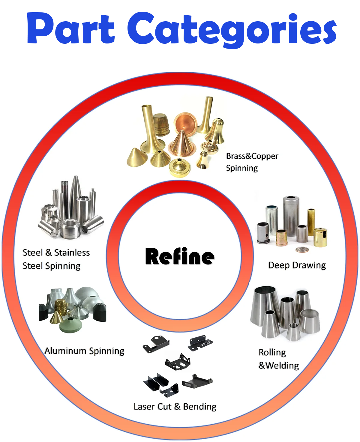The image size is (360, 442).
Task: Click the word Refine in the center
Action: (x=180, y=256)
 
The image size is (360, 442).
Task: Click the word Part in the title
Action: (x=71, y=29)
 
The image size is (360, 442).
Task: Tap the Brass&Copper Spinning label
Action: (x=252, y=162)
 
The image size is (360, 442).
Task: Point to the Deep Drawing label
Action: (x=297, y=265)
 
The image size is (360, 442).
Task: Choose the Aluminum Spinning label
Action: (x=84, y=351)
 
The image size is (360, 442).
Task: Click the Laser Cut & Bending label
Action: (x=175, y=407)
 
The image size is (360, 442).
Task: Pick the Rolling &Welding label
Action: (x=278, y=359)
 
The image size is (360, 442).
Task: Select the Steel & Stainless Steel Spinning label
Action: (x=56, y=259)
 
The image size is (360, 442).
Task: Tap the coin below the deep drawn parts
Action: (x=301, y=249)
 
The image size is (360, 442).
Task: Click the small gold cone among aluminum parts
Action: (x=56, y=318)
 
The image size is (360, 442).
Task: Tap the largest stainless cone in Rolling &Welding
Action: (x=265, y=303)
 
